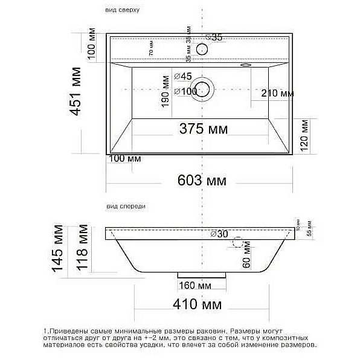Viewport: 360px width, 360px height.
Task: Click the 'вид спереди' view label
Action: [x=126, y=206]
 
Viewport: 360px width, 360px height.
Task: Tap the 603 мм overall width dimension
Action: [x=202, y=180]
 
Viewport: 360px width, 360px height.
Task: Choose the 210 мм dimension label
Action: [x=277, y=93]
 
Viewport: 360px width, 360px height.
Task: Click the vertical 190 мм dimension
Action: [x=164, y=92]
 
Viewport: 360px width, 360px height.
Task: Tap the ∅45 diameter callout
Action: [x=182, y=76]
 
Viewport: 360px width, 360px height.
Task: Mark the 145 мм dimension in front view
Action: [x=59, y=249]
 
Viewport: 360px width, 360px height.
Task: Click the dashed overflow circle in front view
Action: [x=237, y=244]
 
